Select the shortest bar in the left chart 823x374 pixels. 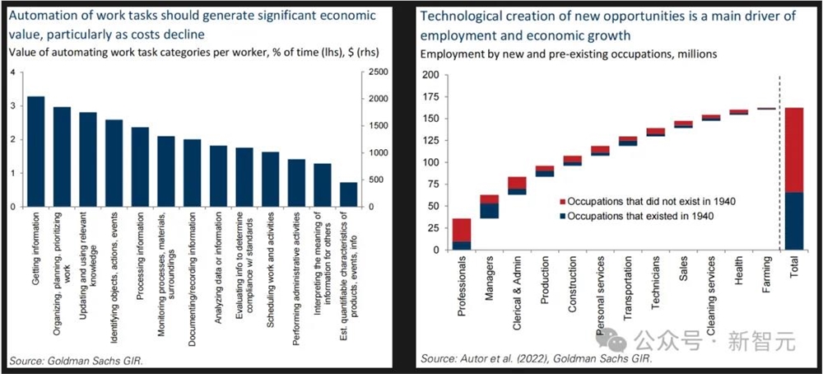pos(349,194)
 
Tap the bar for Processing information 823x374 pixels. pos(140,166)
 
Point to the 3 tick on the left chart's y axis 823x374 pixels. pos(12,107)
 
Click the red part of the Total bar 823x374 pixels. pos(793,150)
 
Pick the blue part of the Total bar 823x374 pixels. pos(793,221)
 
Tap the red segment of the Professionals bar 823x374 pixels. pos(462,230)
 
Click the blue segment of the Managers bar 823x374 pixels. pos(489,211)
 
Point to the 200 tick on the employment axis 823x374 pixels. pos(429,75)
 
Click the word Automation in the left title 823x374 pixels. pos(44,16)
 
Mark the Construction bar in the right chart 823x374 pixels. pos(573,161)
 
